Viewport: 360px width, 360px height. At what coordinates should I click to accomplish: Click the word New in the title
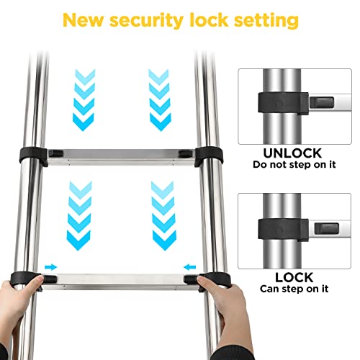tap(86, 21)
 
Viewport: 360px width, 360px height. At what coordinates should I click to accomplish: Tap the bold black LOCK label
tap(293, 276)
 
